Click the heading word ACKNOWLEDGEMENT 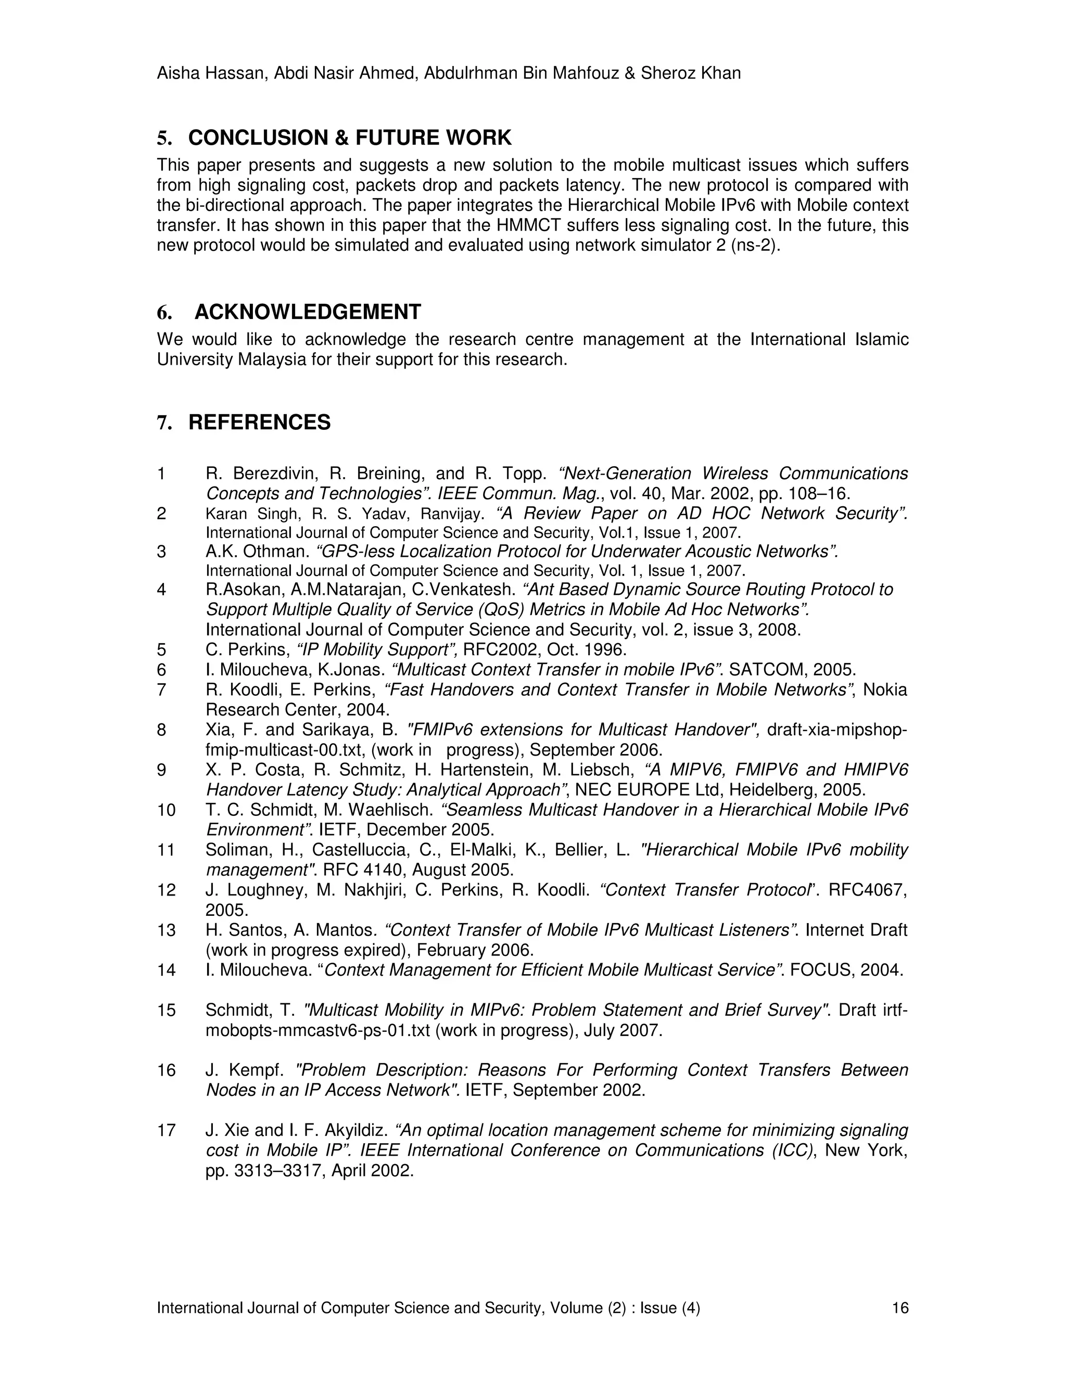click(x=308, y=312)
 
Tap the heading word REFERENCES click(x=260, y=423)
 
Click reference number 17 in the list click(x=166, y=1130)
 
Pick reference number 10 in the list click(x=166, y=810)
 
